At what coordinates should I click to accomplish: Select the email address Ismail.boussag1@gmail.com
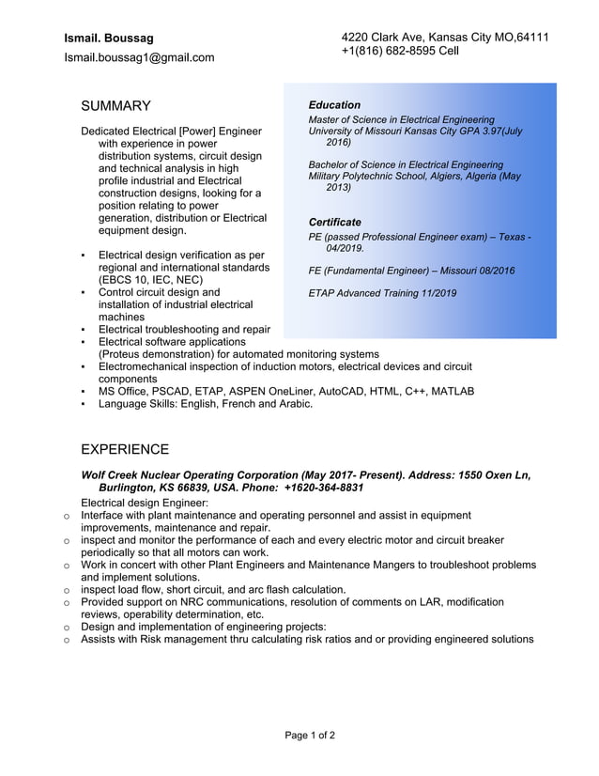(139, 57)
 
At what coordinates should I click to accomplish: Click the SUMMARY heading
(115, 106)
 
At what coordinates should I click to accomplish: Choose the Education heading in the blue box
(334, 105)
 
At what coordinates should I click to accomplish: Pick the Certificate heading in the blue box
(335, 222)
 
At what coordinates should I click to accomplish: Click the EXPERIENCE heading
(125, 449)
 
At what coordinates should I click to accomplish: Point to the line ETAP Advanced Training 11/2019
(382, 293)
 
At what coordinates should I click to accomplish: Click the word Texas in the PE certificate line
(504, 237)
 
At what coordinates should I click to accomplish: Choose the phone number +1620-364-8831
(323, 489)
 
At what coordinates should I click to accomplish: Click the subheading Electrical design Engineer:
(145, 503)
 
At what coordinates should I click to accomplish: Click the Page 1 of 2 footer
(310, 735)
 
